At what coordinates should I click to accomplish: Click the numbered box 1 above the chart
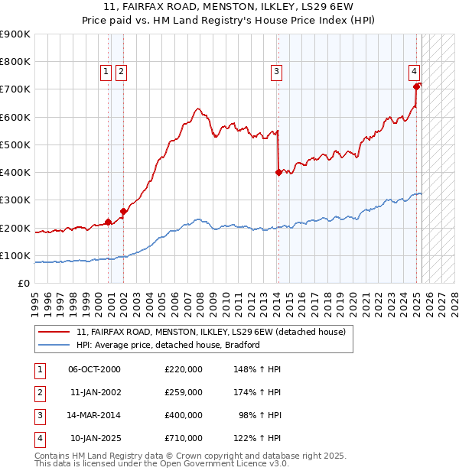[x=106, y=73]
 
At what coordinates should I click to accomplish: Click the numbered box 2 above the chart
[x=121, y=73]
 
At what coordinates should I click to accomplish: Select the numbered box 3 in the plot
[x=275, y=73]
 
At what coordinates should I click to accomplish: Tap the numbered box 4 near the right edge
[x=413, y=73]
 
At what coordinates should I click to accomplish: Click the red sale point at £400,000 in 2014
[x=278, y=172]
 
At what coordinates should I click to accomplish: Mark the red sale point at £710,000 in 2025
[x=417, y=86]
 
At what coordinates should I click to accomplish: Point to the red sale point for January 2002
[x=123, y=211]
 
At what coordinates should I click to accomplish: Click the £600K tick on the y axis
[x=17, y=117]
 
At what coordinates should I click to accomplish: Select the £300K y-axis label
[x=17, y=200]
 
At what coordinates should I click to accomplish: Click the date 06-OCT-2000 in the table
[x=94, y=369]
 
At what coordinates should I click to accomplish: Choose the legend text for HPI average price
[x=168, y=345]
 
